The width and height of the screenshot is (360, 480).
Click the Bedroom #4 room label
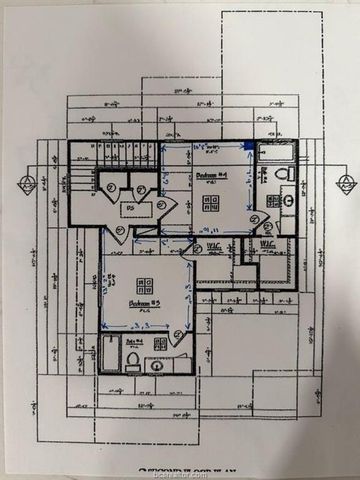click(210, 177)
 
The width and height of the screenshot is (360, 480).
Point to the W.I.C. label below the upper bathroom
click(267, 244)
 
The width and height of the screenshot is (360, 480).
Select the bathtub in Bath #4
click(111, 356)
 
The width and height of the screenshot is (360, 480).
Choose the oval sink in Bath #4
click(156, 365)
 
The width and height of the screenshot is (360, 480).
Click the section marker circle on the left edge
click(27, 184)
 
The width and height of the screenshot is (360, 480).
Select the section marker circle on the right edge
click(345, 184)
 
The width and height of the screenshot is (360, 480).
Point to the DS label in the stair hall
click(130, 208)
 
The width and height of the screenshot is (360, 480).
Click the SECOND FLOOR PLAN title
click(182, 468)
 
